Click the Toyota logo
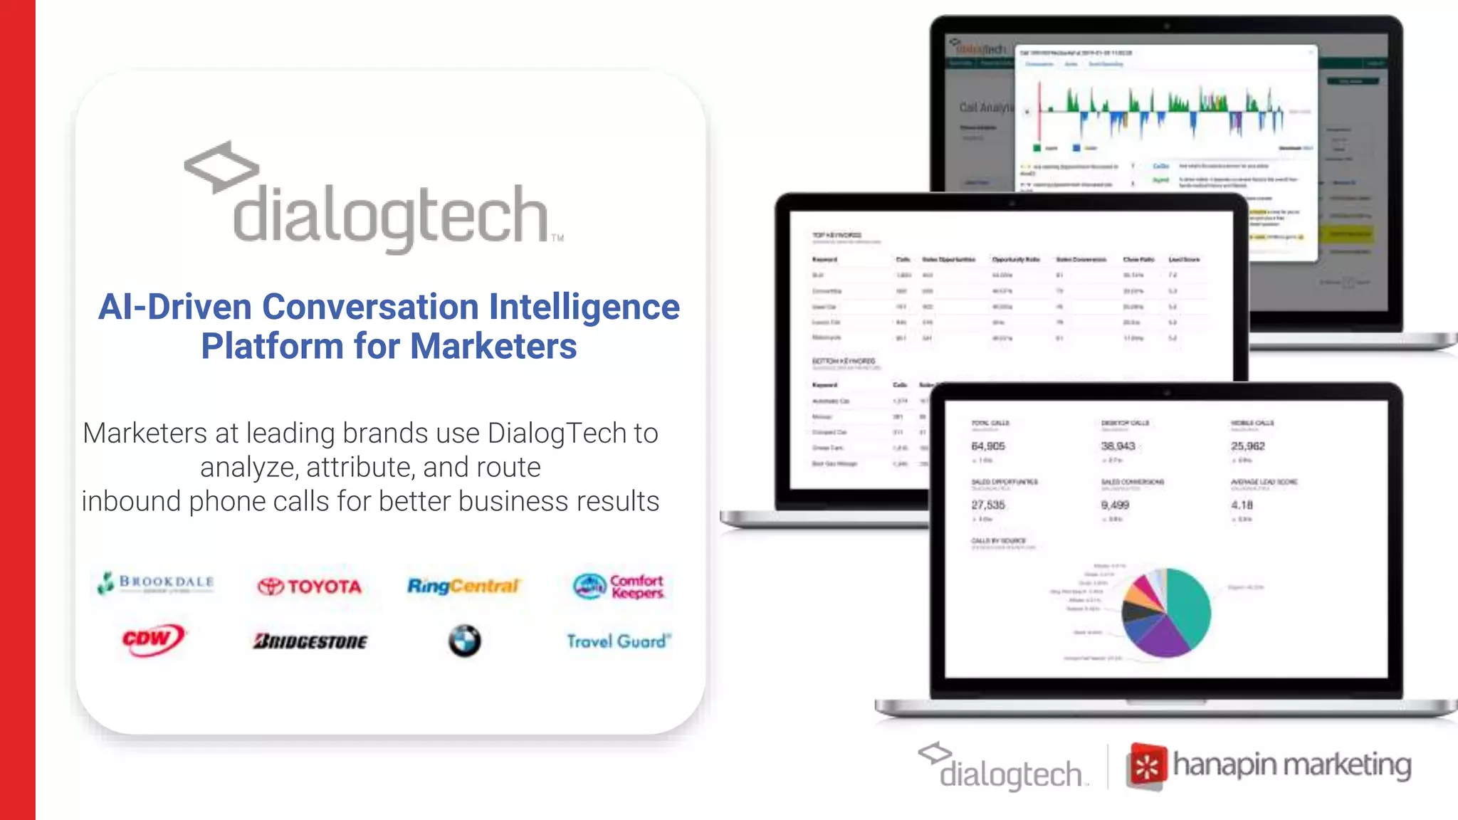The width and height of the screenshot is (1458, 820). pyautogui.click(x=310, y=587)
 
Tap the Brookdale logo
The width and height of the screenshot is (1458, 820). pyautogui.click(x=156, y=583)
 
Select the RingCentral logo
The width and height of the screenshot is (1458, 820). pyautogui.click(x=463, y=586)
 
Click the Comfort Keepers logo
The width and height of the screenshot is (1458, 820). pyautogui.click(x=619, y=587)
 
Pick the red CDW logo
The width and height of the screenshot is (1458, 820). pyautogui.click(x=152, y=639)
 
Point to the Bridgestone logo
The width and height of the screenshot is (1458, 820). pyautogui.click(x=310, y=641)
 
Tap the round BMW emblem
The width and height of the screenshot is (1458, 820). pyautogui.click(x=464, y=641)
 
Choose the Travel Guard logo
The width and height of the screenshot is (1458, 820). pyautogui.click(x=618, y=641)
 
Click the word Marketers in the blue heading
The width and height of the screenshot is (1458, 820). pyautogui.click(x=493, y=347)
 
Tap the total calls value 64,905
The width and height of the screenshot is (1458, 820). pyautogui.click(x=988, y=446)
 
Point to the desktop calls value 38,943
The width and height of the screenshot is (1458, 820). pyautogui.click(x=1118, y=446)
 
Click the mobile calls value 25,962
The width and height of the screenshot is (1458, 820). pyautogui.click(x=1247, y=446)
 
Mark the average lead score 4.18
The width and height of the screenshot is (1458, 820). pyautogui.click(x=1242, y=505)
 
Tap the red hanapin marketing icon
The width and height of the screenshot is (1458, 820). pyautogui.click(x=1146, y=767)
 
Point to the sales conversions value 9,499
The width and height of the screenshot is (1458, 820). pyautogui.click(x=1115, y=505)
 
